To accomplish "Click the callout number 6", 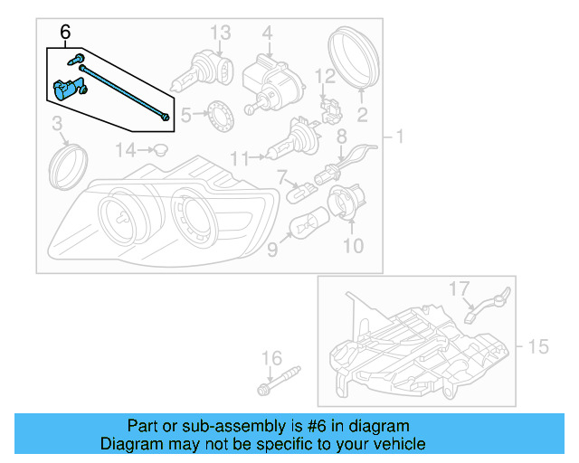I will [x=64, y=33].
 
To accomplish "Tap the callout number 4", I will [x=267, y=33].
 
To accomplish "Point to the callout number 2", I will [x=362, y=115].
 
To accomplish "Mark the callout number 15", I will [x=538, y=346].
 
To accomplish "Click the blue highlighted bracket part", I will [x=67, y=89].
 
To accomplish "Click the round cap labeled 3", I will [x=65, y=165].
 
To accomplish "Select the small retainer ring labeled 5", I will [x=217, y=115].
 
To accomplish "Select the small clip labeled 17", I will [x=488, y=305].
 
